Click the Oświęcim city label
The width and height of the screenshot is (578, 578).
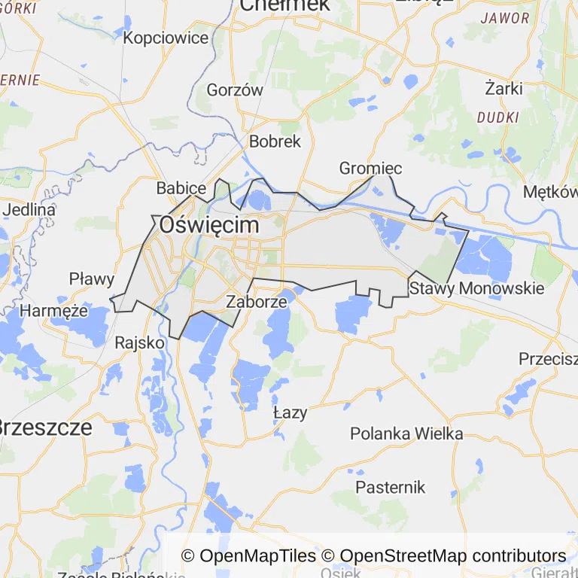(208, 225)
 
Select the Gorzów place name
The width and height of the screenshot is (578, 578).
(235, 90)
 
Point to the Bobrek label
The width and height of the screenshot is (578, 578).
(275, 141)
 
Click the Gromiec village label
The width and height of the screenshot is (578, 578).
(370, 168)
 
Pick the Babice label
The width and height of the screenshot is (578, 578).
(181, 187)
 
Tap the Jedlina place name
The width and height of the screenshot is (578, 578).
(29, 209)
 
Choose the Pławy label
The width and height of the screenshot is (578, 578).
(92, 279)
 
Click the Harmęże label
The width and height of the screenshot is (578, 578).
(54, 310)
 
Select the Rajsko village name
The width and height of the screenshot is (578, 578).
(139, 342)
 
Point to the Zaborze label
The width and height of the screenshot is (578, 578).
(257, 302)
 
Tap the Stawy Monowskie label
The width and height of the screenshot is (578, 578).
(476, 288)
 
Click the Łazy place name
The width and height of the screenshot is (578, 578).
(290, 412)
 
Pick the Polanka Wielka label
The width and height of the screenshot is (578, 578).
(406, 433)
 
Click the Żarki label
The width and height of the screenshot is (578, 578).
(503, 88)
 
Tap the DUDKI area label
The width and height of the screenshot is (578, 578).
(498, 117)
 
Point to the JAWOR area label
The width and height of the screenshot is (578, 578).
(504, 18)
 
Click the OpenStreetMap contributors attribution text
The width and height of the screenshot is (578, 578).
(452, 556)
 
